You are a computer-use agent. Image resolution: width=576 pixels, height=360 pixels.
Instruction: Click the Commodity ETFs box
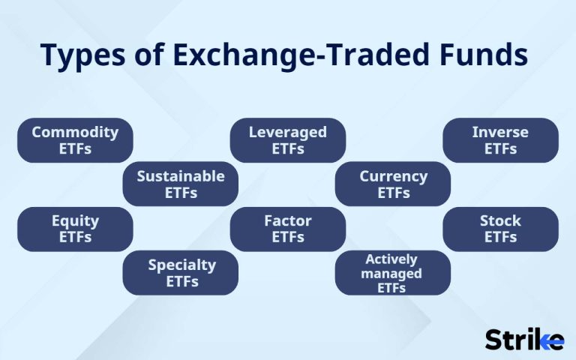click(x=75, y=140)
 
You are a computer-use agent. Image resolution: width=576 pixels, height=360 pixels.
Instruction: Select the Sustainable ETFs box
click(x=181, y=184)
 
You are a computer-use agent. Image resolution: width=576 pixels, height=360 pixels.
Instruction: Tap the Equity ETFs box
click(x=75, y=229)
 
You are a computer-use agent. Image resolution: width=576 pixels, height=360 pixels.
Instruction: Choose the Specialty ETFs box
click(x=181, y=272)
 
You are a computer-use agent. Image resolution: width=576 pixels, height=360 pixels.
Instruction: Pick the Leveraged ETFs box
click(x=288, y=140)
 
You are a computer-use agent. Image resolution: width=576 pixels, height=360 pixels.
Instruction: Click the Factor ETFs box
click(x=288, y=229)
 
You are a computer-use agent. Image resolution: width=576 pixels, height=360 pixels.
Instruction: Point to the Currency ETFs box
click(x=393, y=184)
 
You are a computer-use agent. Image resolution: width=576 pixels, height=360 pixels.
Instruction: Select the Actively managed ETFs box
click(x=393, y=273)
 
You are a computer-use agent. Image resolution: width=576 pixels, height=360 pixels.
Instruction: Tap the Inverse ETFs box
click(x=500, y=140)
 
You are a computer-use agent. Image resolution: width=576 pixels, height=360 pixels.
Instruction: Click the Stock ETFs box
click(x=500, y=229)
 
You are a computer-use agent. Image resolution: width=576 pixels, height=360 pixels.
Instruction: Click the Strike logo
click(x=524, y=339)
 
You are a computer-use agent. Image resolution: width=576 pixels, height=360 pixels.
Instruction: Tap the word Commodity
click(x=75, y=132)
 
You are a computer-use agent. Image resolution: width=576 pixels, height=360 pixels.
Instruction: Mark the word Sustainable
click(x=181, y=175)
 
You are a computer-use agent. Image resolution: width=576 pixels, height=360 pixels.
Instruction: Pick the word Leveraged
click(x=288, y=132)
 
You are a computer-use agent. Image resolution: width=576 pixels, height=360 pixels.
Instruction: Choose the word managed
click(x=391, y=273)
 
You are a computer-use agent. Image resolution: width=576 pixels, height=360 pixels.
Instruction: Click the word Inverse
click(x=500, y=132)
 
